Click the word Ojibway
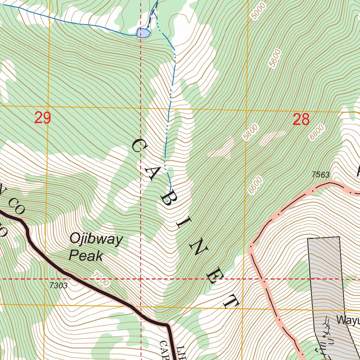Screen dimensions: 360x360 (x=96, y=240)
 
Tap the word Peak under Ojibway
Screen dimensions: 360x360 (x=86, y=256)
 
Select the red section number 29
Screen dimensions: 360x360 (x=43, y=118)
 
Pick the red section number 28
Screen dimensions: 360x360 (x=301, y=120)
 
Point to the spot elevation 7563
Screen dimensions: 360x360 (x=320, y=175)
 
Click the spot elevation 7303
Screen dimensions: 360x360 (x=58, y=285)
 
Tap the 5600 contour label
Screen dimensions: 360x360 (x=275, y=58)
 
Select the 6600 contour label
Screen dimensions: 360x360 (x=255, y=185)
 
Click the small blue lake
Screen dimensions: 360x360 (x=143, y=33)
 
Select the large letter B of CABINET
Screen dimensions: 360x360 (x=168, y=199)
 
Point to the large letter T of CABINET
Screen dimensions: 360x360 (x=232, y=302)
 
